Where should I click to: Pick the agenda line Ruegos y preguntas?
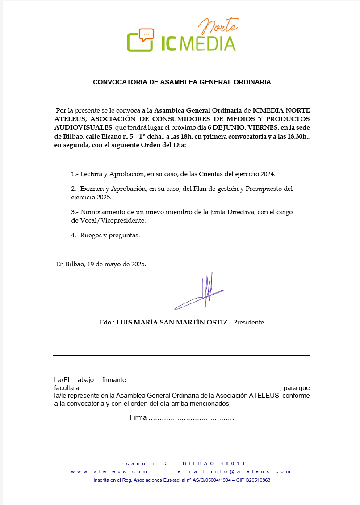[x=109, y=235]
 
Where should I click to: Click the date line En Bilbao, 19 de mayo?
[x=100, y=264]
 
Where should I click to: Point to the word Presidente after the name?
[x=248, y=322]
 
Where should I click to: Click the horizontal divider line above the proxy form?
[x=181, y=355]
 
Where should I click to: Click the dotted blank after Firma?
[x=191, y=418]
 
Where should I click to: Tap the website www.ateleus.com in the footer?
[x=109, y=471]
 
